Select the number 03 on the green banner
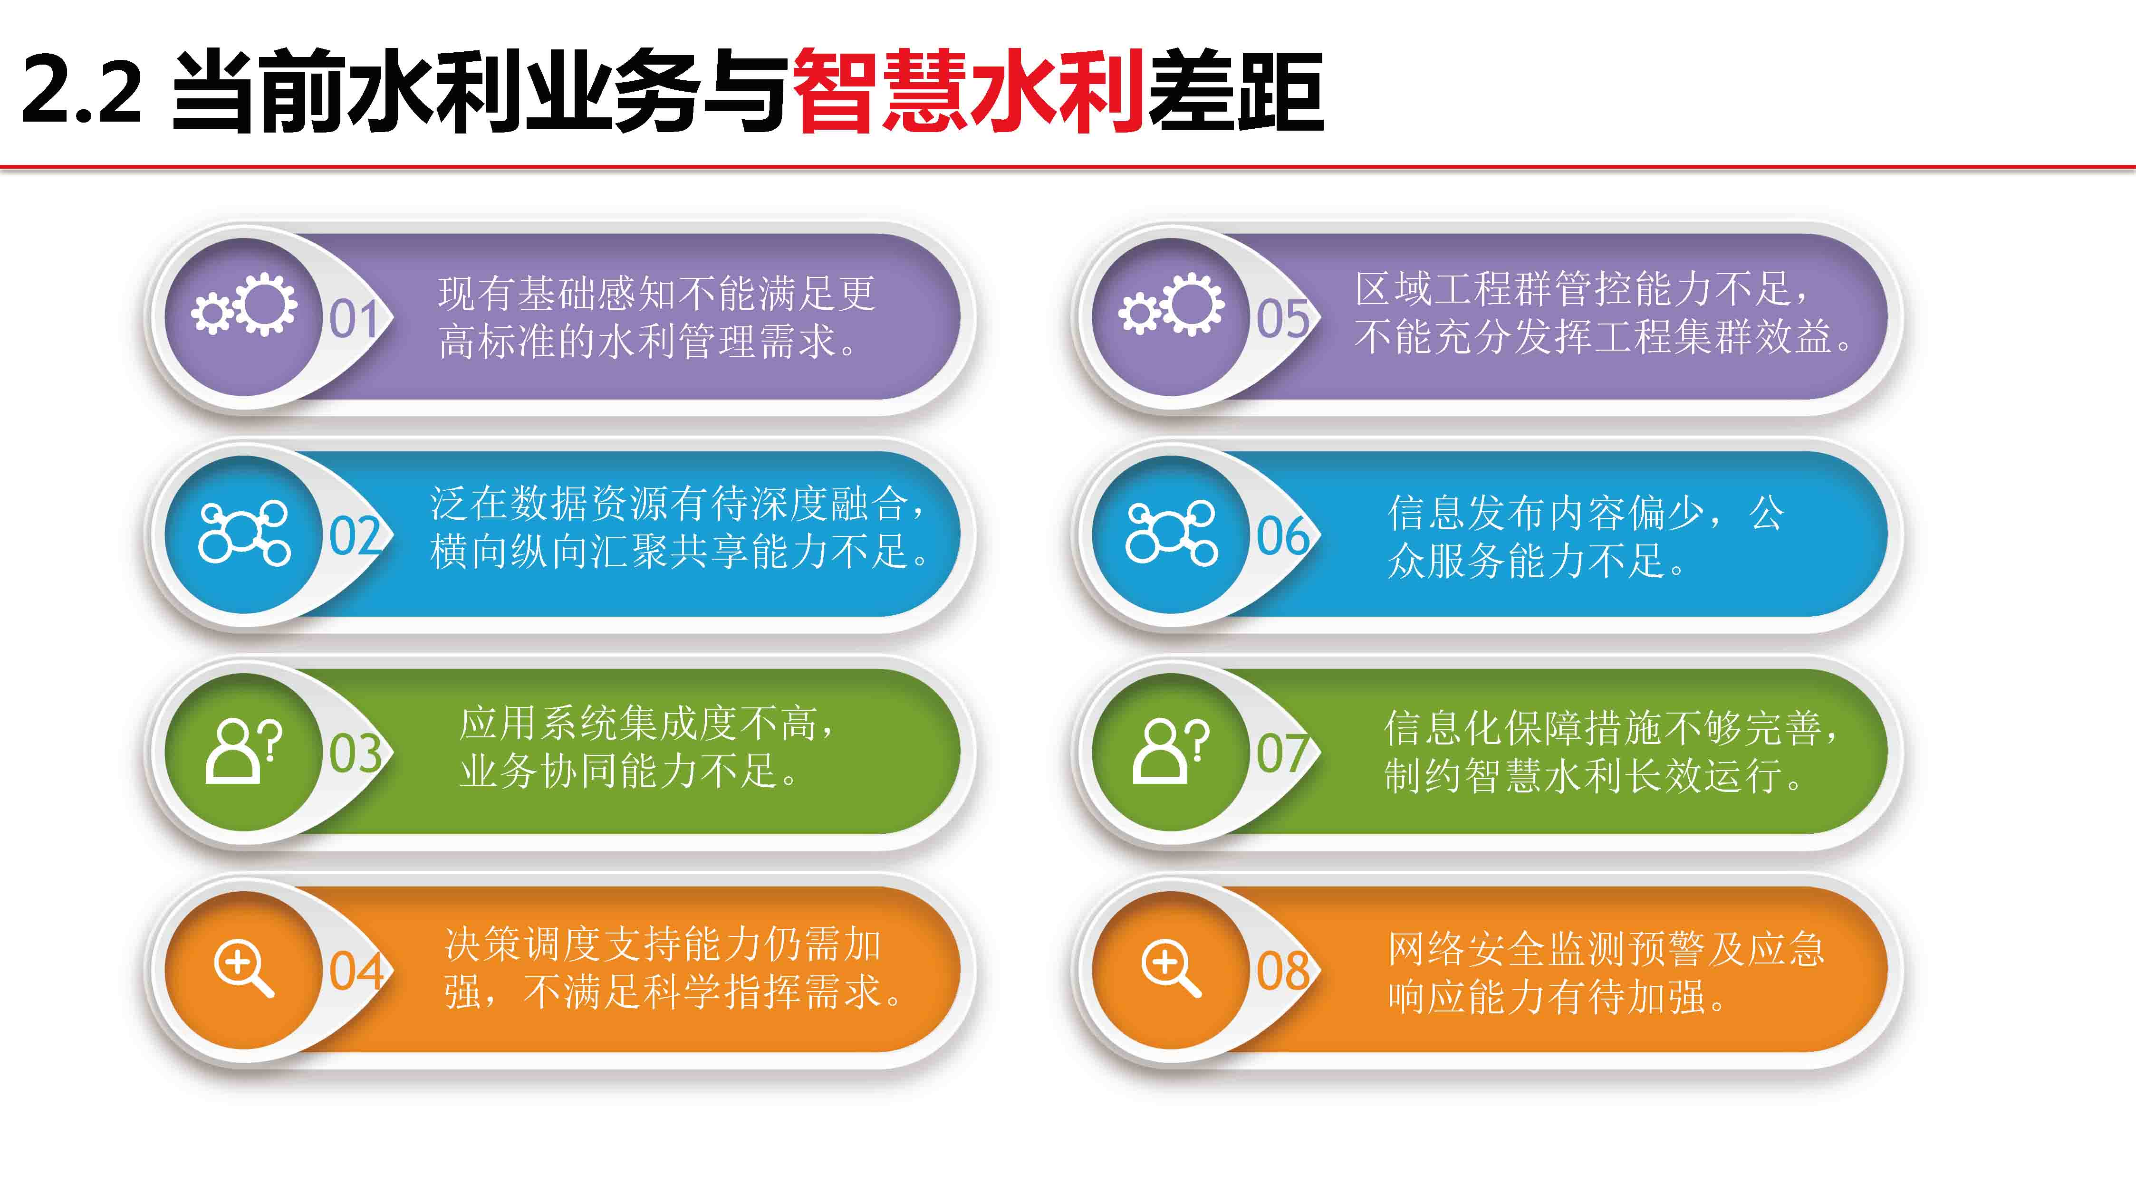pyautogui.click(x=356, y=753)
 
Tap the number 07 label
pyautogui.click(x=1283, y=753)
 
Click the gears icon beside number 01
pyautogui.click(x=244, y=304)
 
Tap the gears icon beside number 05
pyautogui.click(x=1171, y=304)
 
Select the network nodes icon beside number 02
pyautogui.click(x=244, y=533)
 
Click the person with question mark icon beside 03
pyautogui.click(x=244, y=751)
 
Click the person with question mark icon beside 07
pyautogui.click(x=1171, y=751)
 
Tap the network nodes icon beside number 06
pyautogui.click(x=1171, y=533)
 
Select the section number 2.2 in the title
pyautogui.click(x=81, y=89)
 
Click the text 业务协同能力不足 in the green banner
pyautogui.click(x=619, y=771)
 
